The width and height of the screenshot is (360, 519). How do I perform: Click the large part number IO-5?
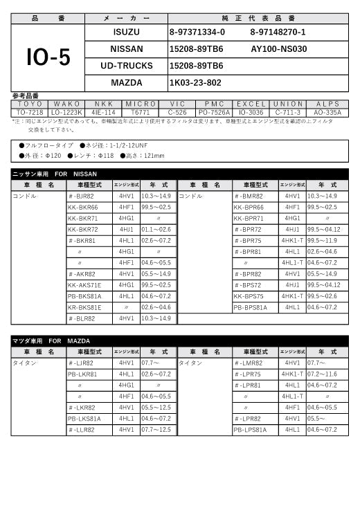[x=48, y=58]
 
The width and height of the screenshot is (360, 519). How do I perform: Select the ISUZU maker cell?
[x=126, y=32]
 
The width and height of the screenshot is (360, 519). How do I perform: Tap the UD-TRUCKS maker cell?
[x=126, y=66]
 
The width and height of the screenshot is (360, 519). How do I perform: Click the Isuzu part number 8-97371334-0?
[x=197, y=32]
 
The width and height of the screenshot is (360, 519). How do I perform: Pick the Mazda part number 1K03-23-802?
[x=195, y=82]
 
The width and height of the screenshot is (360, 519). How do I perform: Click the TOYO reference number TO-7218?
[x=30, y=111]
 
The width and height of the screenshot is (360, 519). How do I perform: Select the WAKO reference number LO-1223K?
[x=66, y=111]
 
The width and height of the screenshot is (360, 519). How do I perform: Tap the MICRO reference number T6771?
[x=140, y=111]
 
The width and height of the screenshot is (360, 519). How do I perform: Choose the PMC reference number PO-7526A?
[x=214, y=111]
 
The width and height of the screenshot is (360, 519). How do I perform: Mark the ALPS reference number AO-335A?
[x=327, y=111]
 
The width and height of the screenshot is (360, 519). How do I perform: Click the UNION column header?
[x=287, y=104]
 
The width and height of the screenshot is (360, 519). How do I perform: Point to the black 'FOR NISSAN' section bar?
[x=179, y=174]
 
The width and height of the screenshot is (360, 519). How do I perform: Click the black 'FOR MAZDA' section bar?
[x=179, y=341]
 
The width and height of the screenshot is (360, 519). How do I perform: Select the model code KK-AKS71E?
[x=84, y=284]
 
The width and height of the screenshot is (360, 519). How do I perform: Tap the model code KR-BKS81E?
[x=84, y=307]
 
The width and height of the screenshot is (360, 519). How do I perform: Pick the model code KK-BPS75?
[x=249, y=295]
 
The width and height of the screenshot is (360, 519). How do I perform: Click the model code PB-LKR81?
[x=82, y=374]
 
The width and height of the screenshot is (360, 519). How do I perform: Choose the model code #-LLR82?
[x=82, y=430]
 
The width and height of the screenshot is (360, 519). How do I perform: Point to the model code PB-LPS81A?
[x=250, y=430]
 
